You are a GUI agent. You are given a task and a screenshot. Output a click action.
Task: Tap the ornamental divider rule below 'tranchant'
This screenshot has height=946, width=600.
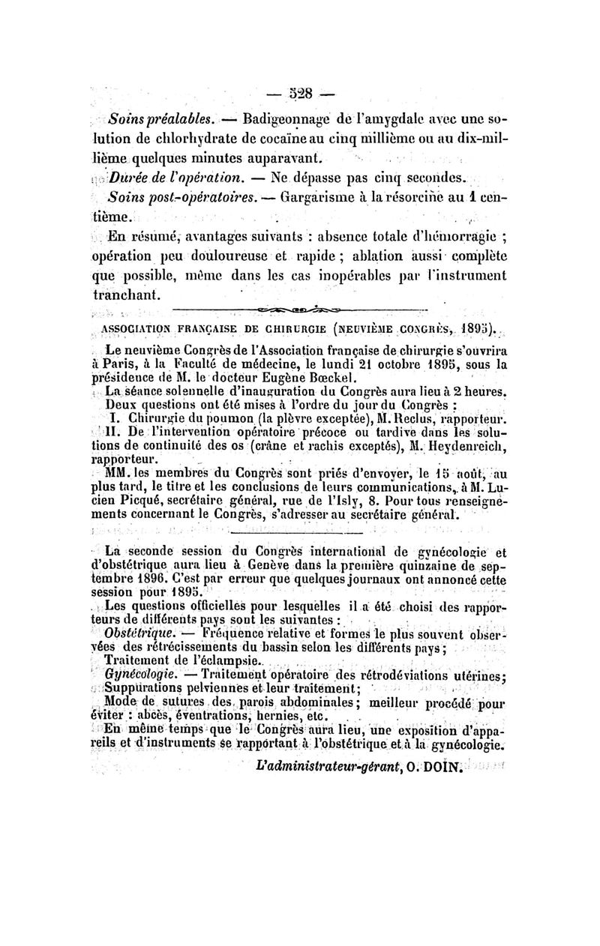299,308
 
